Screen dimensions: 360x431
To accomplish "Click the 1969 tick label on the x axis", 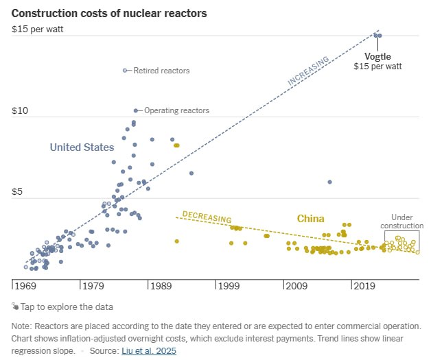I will [x=25, y=285].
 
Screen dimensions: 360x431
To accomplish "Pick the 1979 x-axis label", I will [x=93, y=285].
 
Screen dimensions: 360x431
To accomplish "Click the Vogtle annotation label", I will [x=377, y=56].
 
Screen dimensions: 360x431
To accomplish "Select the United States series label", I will [x=82, y=147].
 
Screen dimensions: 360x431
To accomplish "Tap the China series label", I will [x=310, y=219].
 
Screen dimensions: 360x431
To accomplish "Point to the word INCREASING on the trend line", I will [x=308, y=72].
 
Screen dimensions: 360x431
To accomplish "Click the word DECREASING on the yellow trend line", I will [x=207, y=217].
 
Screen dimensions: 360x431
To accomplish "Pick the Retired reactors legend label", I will [x=161, y=71].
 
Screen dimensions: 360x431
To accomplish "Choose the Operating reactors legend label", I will [x=176, y=110].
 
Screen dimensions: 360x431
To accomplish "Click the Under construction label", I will [x=402, y=221].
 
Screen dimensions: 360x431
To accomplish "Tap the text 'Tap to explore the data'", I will [x=67, y=307].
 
